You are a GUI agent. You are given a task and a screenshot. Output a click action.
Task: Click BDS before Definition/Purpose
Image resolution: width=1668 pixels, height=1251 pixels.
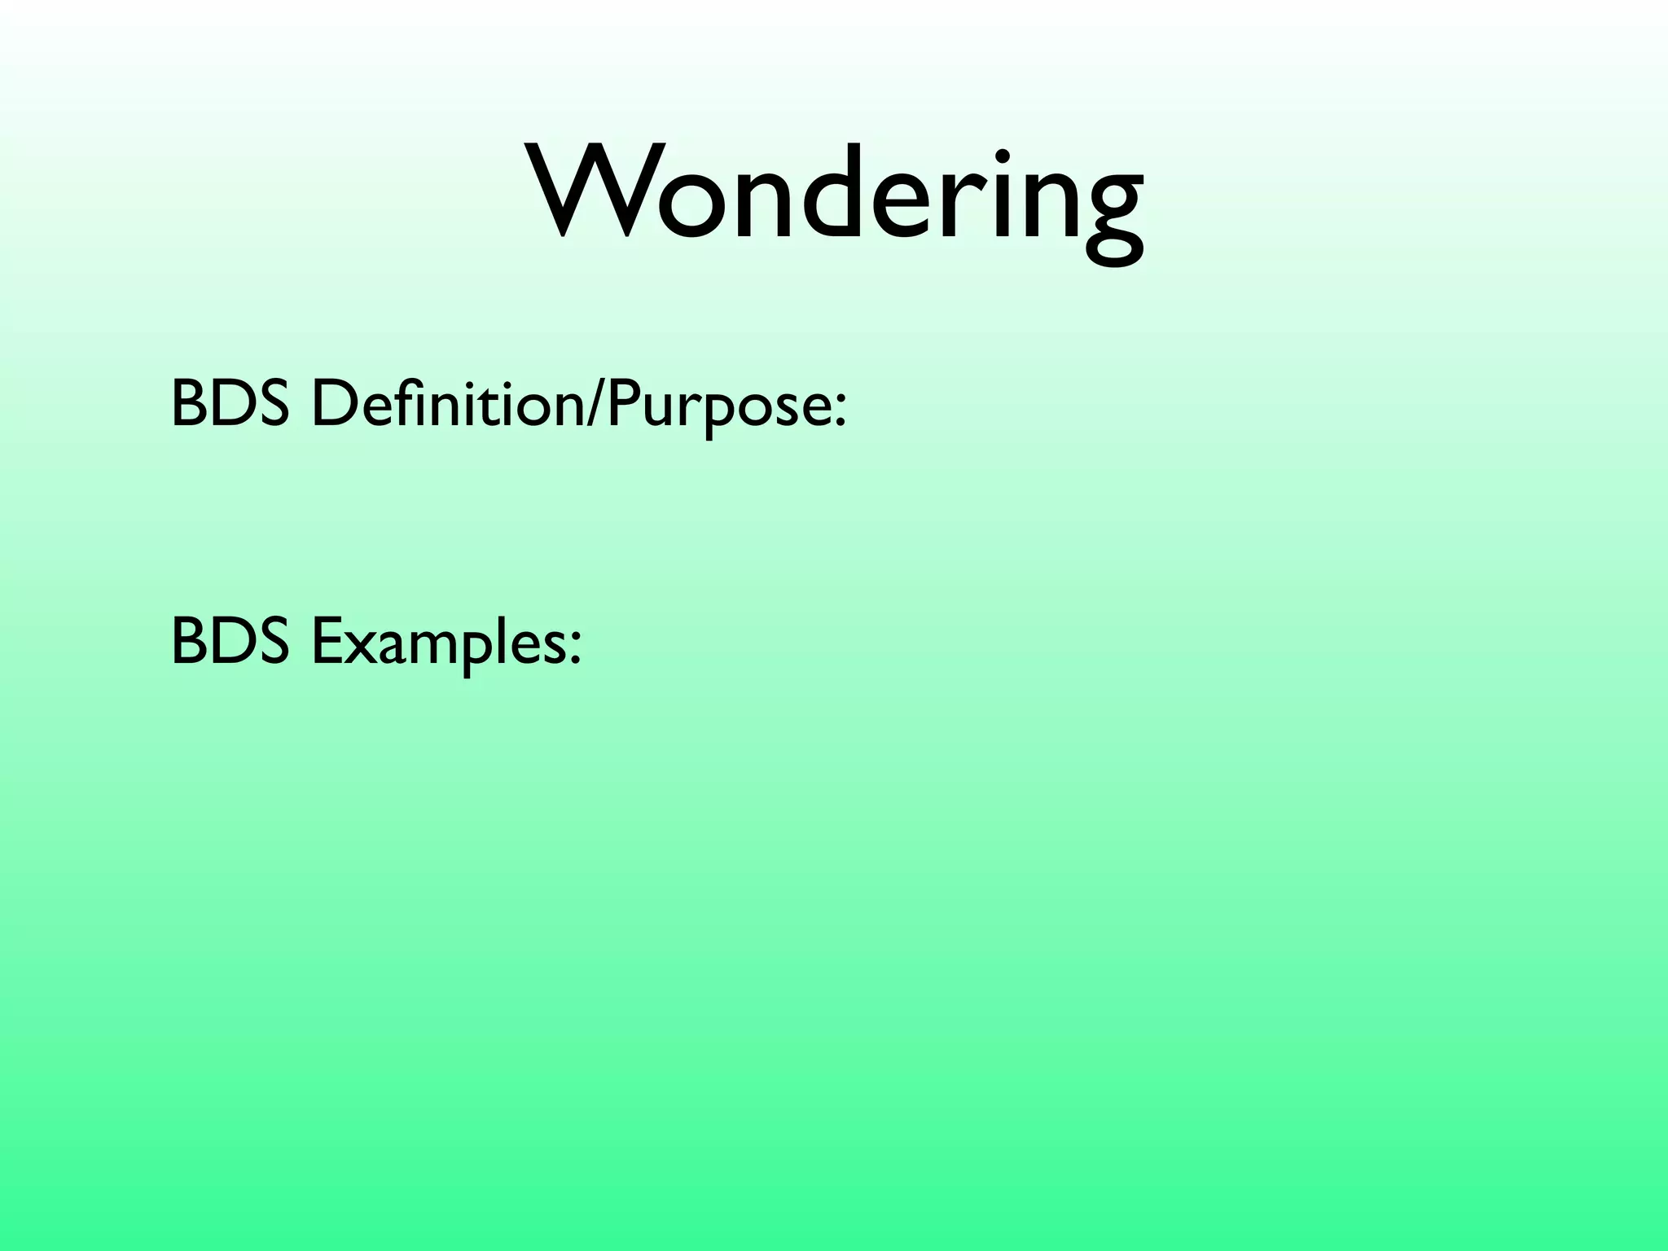coord(230,404)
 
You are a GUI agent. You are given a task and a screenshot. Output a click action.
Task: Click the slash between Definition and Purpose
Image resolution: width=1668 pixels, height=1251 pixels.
coord(595,406)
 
